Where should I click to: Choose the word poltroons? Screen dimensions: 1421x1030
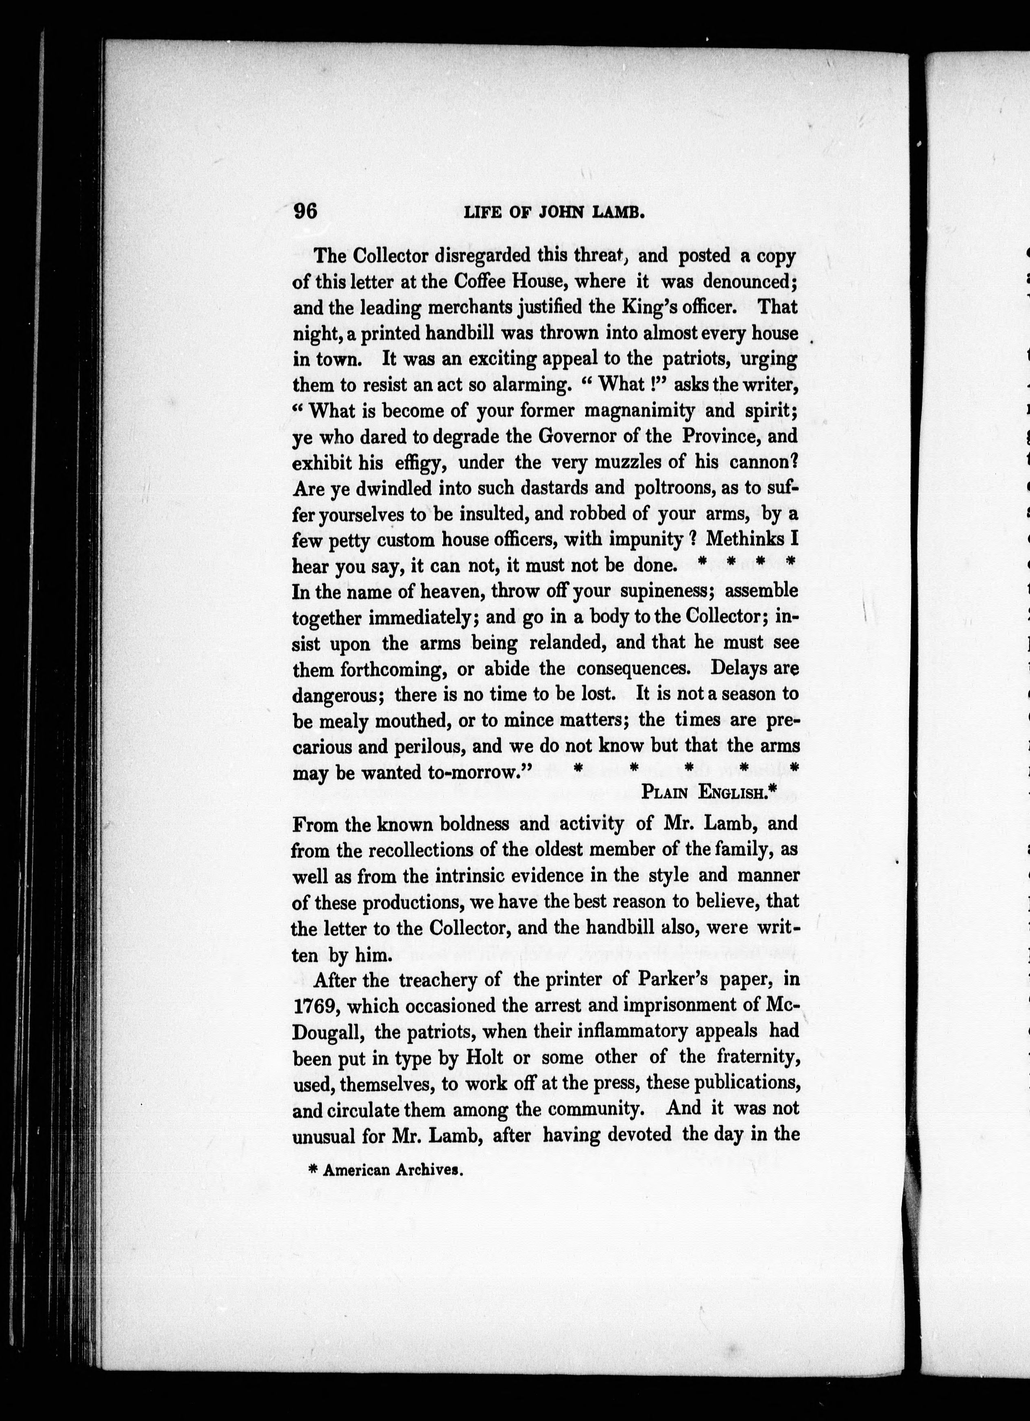pos(676,487)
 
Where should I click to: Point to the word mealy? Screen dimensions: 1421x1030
pos(344,721)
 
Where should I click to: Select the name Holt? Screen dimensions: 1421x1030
pos(484,1058)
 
